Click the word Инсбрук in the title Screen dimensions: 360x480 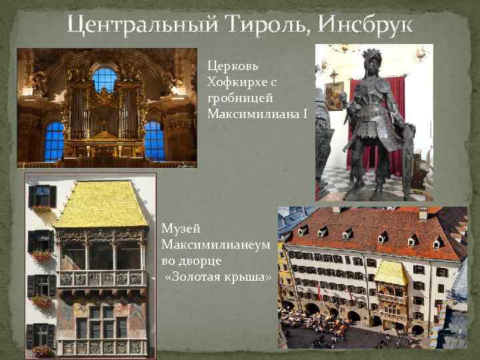click(366, 25)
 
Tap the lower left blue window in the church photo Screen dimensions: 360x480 click(54, 141)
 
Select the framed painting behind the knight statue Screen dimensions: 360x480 click(333, 95)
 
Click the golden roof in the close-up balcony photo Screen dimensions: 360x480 click(101, 203)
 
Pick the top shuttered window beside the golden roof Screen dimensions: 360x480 click(41, 195)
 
